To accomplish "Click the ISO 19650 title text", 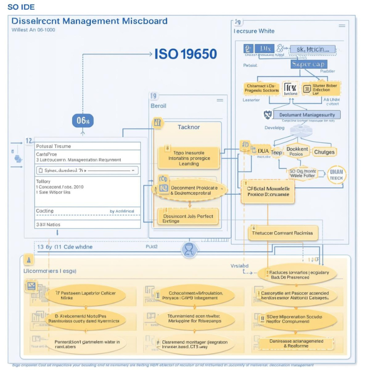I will click(185, 54).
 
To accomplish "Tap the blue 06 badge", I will click(83, 121).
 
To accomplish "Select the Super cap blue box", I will click(308, 64).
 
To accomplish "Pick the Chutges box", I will click(324, 152).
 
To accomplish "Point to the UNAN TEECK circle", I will click(336, 174).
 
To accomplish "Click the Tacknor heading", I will click(189, 127).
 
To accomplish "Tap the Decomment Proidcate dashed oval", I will click(191, 190).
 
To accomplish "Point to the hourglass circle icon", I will click(190, 250).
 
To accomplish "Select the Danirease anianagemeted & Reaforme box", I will click(296, 343).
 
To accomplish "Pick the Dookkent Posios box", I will click(297, 152).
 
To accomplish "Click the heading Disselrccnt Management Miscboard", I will click(89, 21).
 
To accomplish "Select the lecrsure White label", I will click(254, 31).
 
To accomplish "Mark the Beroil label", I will click(158, 105).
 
